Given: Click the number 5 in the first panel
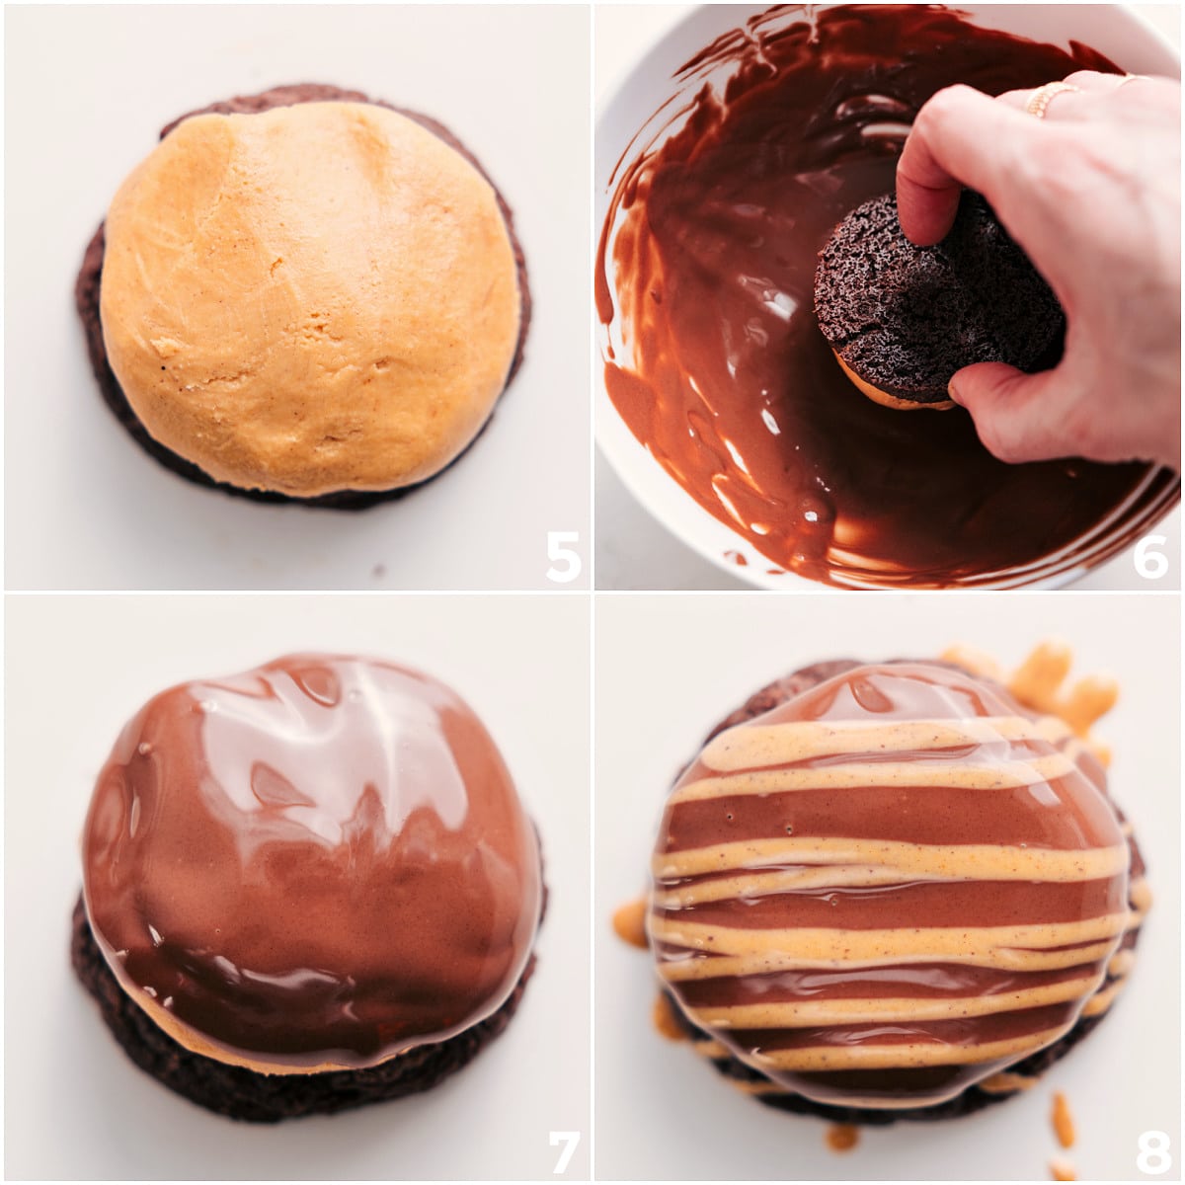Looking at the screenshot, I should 563,556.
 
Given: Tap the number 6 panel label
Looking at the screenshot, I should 1150,556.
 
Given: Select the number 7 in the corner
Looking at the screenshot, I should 564,1151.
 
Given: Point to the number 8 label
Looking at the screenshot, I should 1152,1151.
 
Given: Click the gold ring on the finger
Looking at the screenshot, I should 1049,99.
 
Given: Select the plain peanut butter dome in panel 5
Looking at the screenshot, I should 311,296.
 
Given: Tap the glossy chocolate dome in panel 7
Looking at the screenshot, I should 311,839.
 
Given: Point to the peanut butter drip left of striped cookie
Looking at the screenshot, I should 630,923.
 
